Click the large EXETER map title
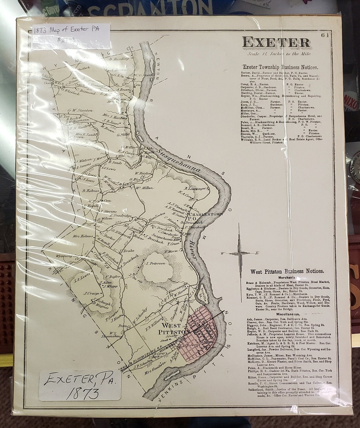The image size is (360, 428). (276, 42)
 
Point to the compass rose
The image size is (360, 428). (239, 253)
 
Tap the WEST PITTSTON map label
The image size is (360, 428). (173, 328)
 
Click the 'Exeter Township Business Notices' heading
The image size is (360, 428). (280, 67)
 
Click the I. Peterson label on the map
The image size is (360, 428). (155, 263)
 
